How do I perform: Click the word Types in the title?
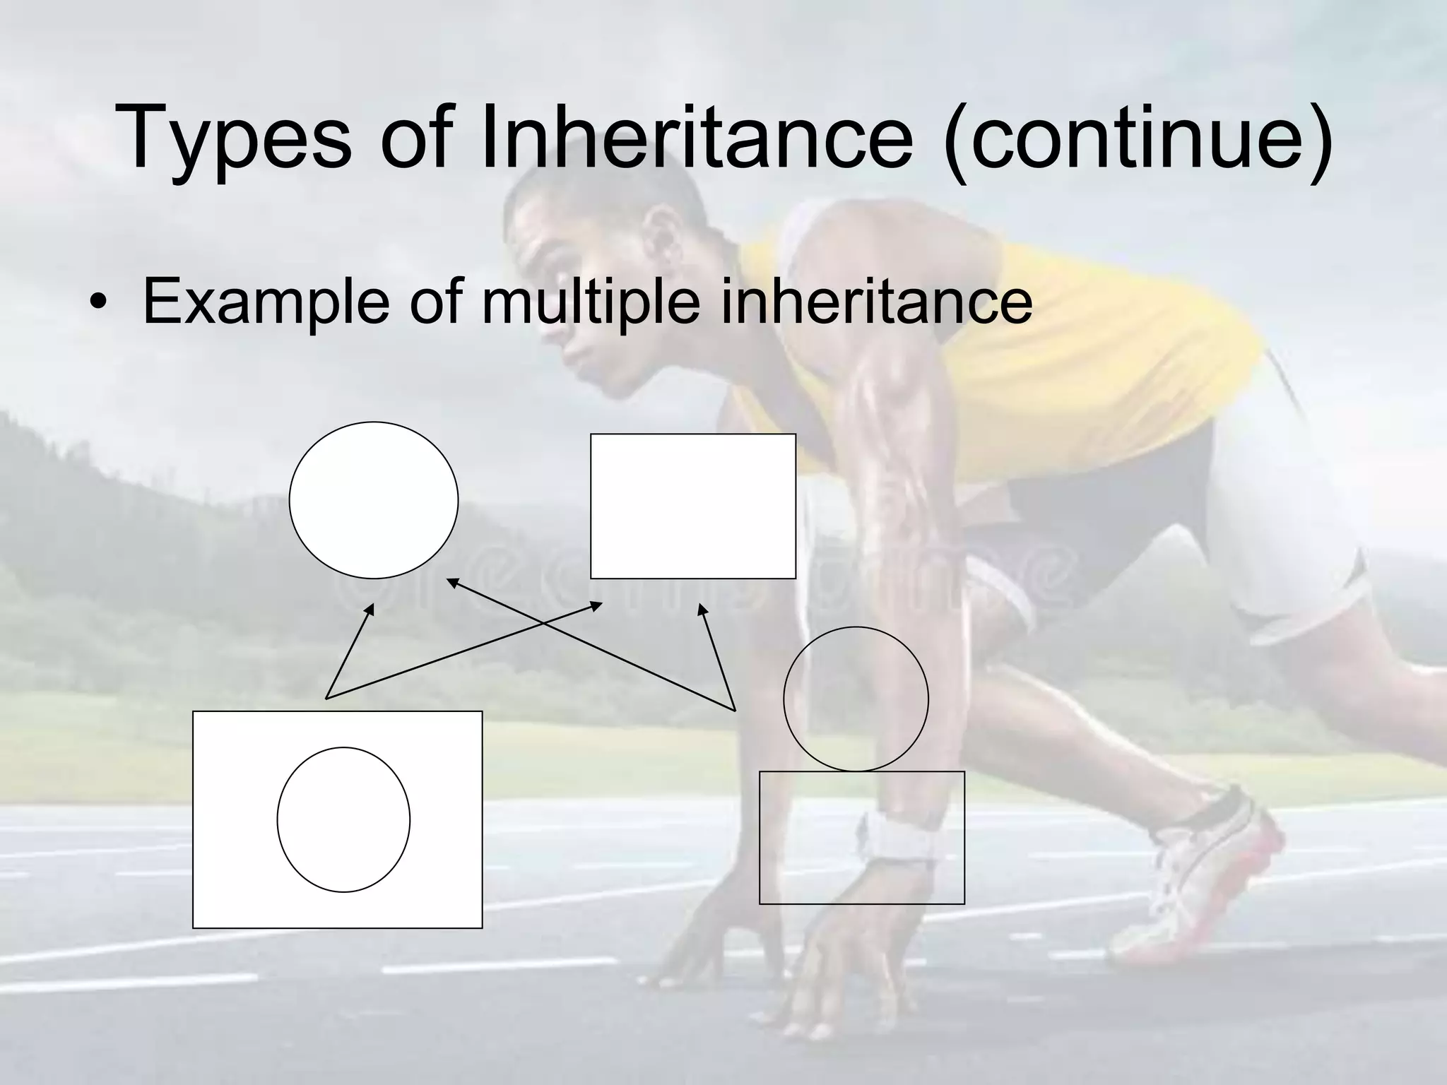click(x=233, y=138)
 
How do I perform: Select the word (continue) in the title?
click(x=1138, y=138)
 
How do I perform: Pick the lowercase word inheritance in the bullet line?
click(x=876, y=300)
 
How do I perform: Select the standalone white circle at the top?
click(x=373, y=500)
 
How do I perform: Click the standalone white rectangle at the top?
click(x=692, y=506)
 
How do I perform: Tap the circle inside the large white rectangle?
click(x=343, y=819)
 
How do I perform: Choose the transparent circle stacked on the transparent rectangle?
click(x=856, y=699)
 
